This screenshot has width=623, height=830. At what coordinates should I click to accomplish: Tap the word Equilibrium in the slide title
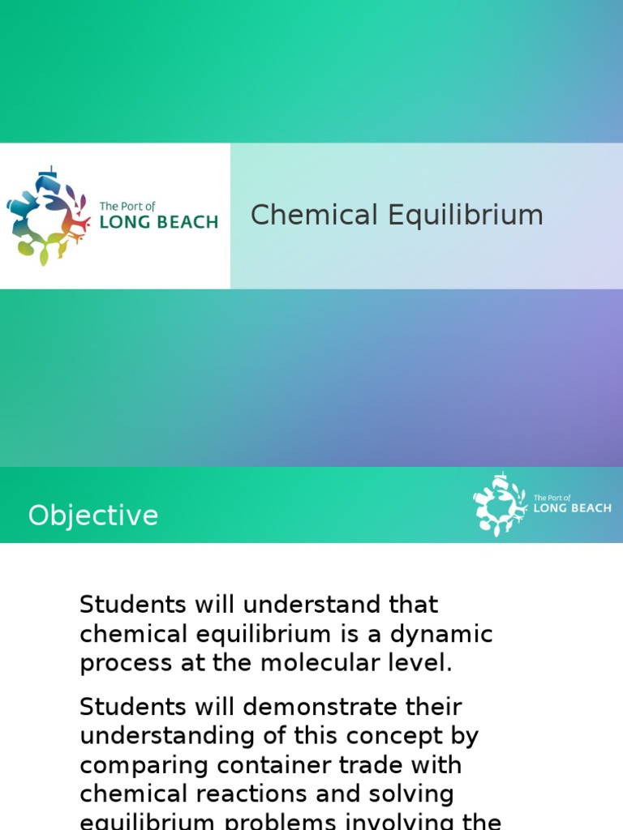(465, 216)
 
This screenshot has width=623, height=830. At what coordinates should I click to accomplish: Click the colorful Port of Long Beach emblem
(47, 216)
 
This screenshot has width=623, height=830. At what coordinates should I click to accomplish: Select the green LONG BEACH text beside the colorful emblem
(158, 221)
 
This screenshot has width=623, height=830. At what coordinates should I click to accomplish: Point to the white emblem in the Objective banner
(500, 504)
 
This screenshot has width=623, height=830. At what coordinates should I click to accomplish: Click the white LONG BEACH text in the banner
(572, 508)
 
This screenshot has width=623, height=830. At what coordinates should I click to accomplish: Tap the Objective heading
(93, 516)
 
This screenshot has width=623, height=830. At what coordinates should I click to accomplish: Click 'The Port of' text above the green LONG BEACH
(127, 207)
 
